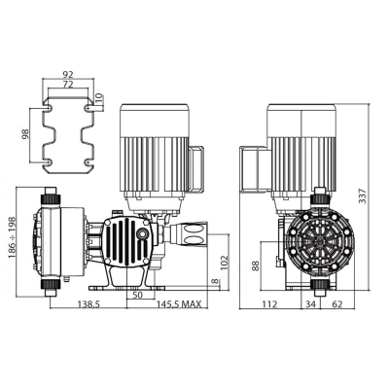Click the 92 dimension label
(x=68, y=74)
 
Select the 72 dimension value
(x=68, y=85)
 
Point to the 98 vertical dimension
(x=25, y=134)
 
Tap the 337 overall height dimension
(x=363, y=195)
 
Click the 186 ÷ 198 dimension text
(x=13, y=237)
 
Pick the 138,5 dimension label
(x=88, y=304)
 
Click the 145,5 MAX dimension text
(x=179, y=304)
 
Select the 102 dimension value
(x=225, y=263)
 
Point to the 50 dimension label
(x=137, y=295)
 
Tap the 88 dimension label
(x=256, y=265)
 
